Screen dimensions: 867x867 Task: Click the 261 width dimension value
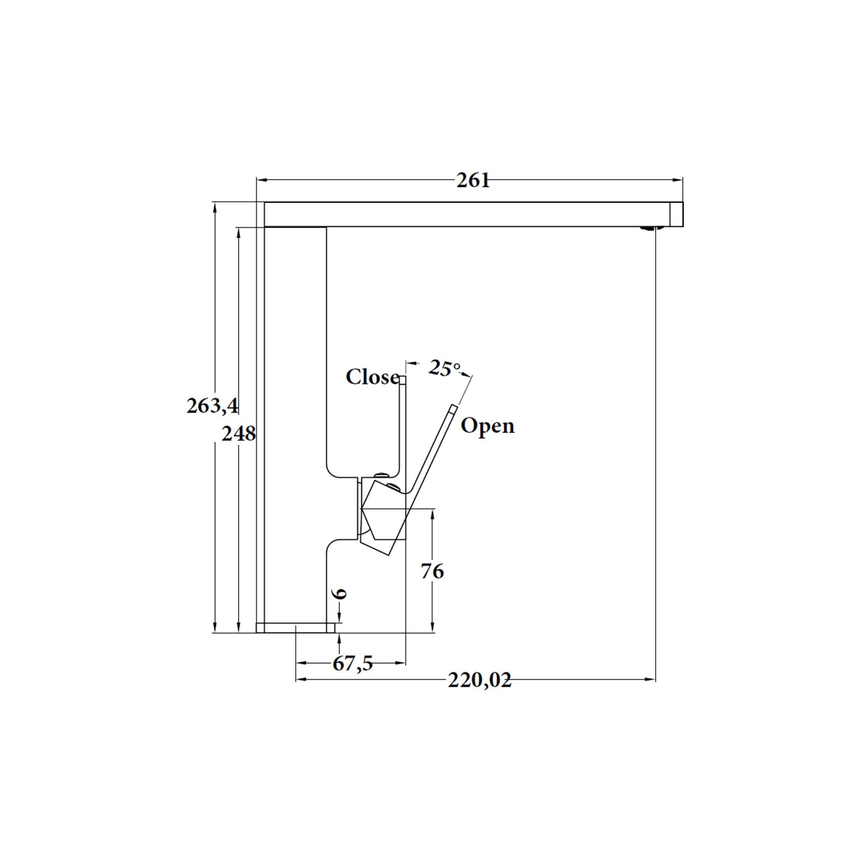473,181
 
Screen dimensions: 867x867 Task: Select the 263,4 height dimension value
212,406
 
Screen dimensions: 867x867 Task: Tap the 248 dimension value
238,434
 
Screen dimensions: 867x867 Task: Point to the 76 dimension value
432,571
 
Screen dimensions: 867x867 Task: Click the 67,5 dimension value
353,664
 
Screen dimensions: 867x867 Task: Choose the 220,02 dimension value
479,681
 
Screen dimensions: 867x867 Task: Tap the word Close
372,377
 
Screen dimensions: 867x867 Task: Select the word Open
487,426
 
